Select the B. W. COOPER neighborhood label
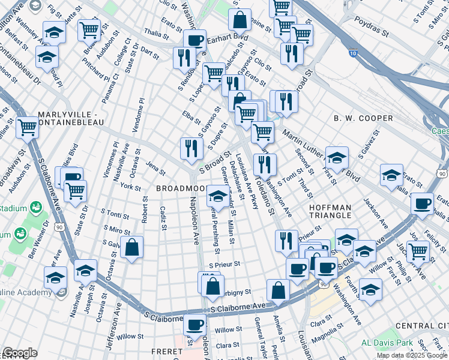[x=363, y=118]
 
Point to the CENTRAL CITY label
[x=423, y=326]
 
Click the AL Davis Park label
[x=387, y=343]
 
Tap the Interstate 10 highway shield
[x=354, y=54]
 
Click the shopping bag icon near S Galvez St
[x=131, y=247]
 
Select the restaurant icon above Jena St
[x=190, y=148]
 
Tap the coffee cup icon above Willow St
[x=194, y=325]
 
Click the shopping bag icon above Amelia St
[x=278, y=290]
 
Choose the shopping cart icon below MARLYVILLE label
[x=28, y=127]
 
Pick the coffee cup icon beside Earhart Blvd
[x=194, y=40]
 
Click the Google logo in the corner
[x=20, y=353]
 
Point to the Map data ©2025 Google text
[x=411, y=355]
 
